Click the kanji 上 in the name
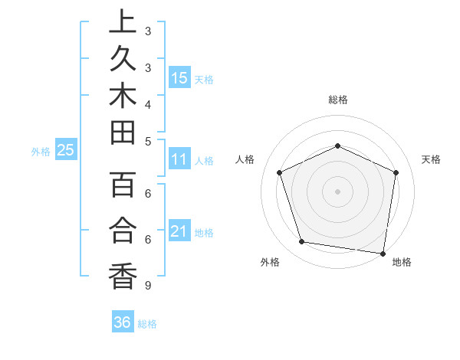pos(123,22)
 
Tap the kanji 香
pos(123,275)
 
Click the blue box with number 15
pos(179,78)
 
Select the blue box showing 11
pos(179,160)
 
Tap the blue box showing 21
pos(179,231)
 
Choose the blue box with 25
pos(66,151)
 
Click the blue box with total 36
pos(123,322)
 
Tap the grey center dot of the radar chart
pos(337,191)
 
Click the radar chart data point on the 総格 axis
pos(337,146)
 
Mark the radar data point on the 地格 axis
pos(383,253)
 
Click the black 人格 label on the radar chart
pos(245,159)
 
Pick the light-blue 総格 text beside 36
pos(147,324)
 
